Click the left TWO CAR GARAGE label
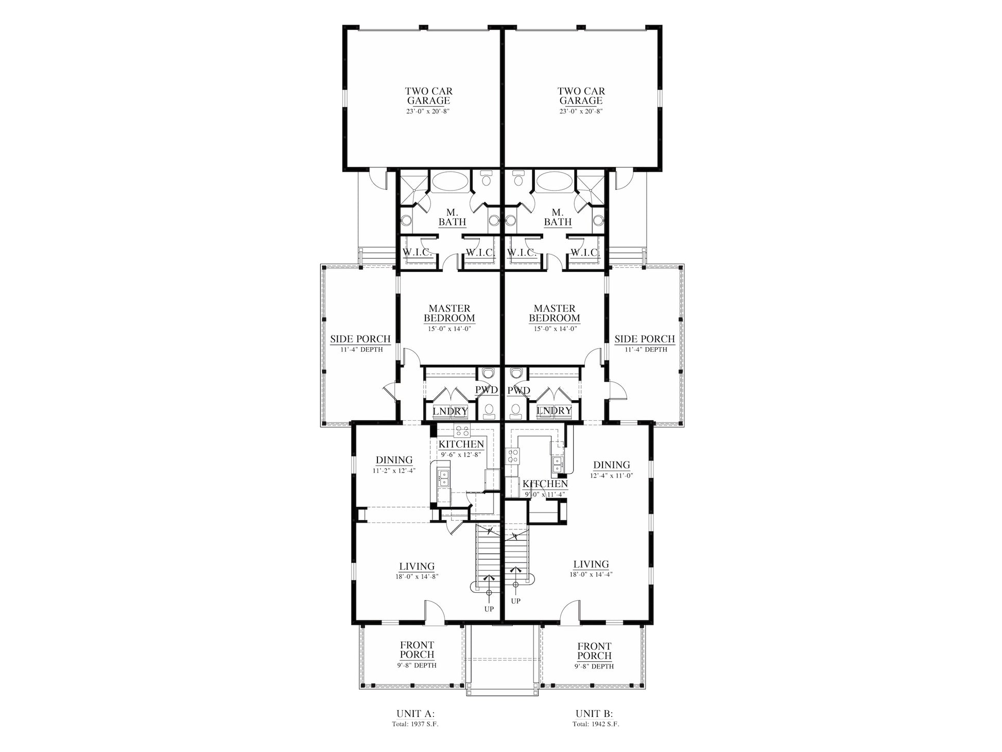(x=428, y=96)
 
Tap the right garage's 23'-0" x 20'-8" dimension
(x=581, y=111)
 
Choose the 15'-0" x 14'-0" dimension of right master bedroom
(x=555, y=328)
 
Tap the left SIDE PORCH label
(x=360, y=339)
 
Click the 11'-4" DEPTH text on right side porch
(x=645, y=349)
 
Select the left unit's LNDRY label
(x=450, y=411)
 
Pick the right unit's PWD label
(x=519, y=390)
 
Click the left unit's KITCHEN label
(x=461, y=444)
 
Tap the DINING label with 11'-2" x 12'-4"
(x=394, y=460)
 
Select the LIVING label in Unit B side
(x=591, y=565)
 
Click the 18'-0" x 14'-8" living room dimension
(x=417, y=577)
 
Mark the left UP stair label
(x=489, y=609)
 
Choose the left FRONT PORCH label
(x=417, y=650)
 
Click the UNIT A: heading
(x=416, y=714)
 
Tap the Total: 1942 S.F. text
(x=596, y=724)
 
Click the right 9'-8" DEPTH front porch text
(x=594, y=666)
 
